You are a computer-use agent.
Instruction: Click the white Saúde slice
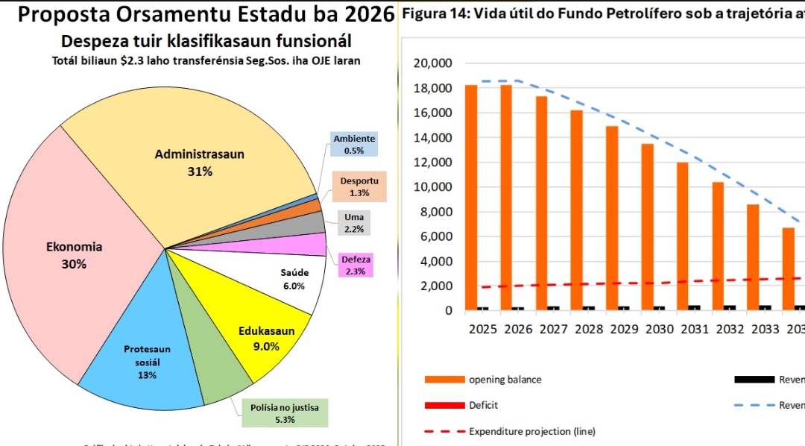point(294,279)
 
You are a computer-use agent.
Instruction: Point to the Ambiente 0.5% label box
point(354,145)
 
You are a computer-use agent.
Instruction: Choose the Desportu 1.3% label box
point(359,186)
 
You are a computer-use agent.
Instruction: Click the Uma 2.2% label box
point(353,222)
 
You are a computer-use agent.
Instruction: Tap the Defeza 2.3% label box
point(356,265)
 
